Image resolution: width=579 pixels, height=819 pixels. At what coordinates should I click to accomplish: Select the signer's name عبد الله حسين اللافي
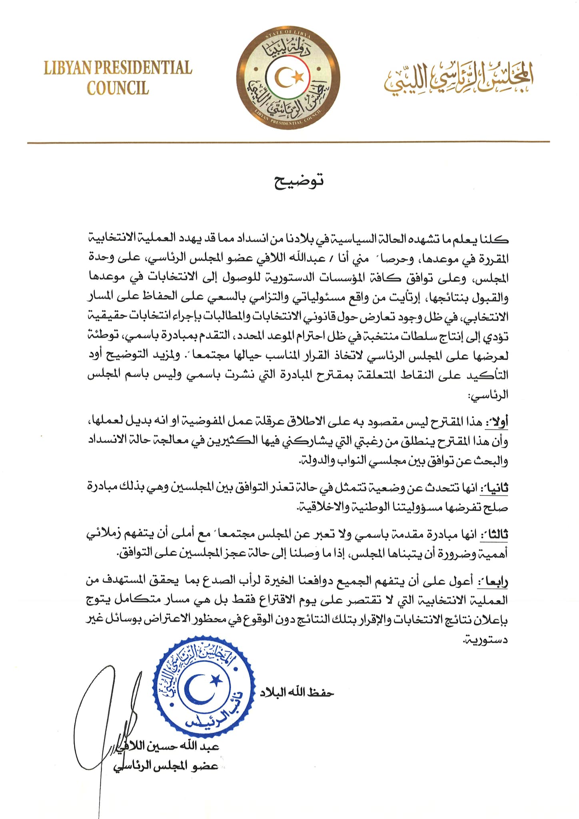point(176,747)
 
